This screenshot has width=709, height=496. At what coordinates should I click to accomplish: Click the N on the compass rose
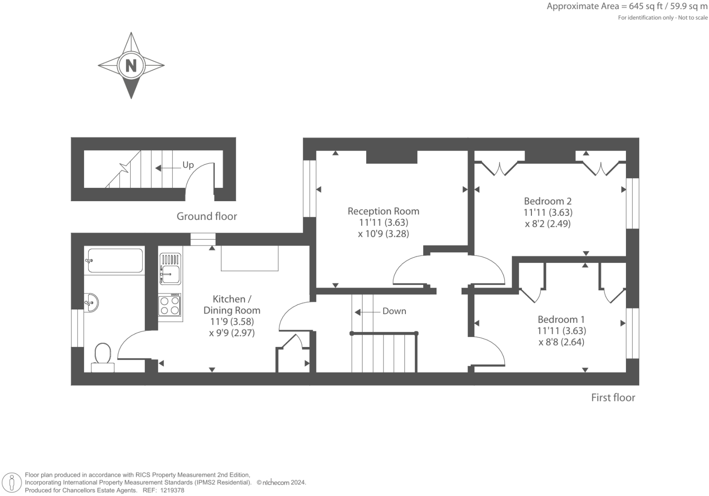coord(131,65)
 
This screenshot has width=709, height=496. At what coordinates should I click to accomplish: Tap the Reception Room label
coord(383,211)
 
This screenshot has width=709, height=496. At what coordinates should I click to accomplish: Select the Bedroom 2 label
coord(547,201)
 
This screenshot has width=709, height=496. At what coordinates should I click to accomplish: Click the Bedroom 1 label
coord(561,320)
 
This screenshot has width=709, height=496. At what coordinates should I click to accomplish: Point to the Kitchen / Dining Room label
coord(231,304)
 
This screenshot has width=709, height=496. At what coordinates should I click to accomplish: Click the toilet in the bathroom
coord(103,357)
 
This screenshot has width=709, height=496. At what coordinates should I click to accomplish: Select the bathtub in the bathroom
coord(115,261)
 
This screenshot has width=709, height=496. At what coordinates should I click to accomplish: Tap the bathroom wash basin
coord(91,302)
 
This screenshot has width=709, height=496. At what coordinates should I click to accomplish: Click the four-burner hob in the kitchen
coord(169,305)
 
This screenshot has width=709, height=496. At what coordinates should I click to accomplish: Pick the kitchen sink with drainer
coord(170,269)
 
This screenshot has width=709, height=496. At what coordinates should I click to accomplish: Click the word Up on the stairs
coord(188,165)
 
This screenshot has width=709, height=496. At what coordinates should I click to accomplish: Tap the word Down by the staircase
coord(394,311)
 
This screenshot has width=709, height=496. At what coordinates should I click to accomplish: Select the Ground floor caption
coord(207,216)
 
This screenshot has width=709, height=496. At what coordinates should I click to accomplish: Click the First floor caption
coord(613,398)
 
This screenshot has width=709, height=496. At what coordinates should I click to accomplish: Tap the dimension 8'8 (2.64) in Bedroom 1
coord(561,342)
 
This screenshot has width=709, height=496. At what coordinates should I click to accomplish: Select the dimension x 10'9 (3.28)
coord(383,234)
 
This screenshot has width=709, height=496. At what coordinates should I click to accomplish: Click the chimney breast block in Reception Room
coord(392,157)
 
